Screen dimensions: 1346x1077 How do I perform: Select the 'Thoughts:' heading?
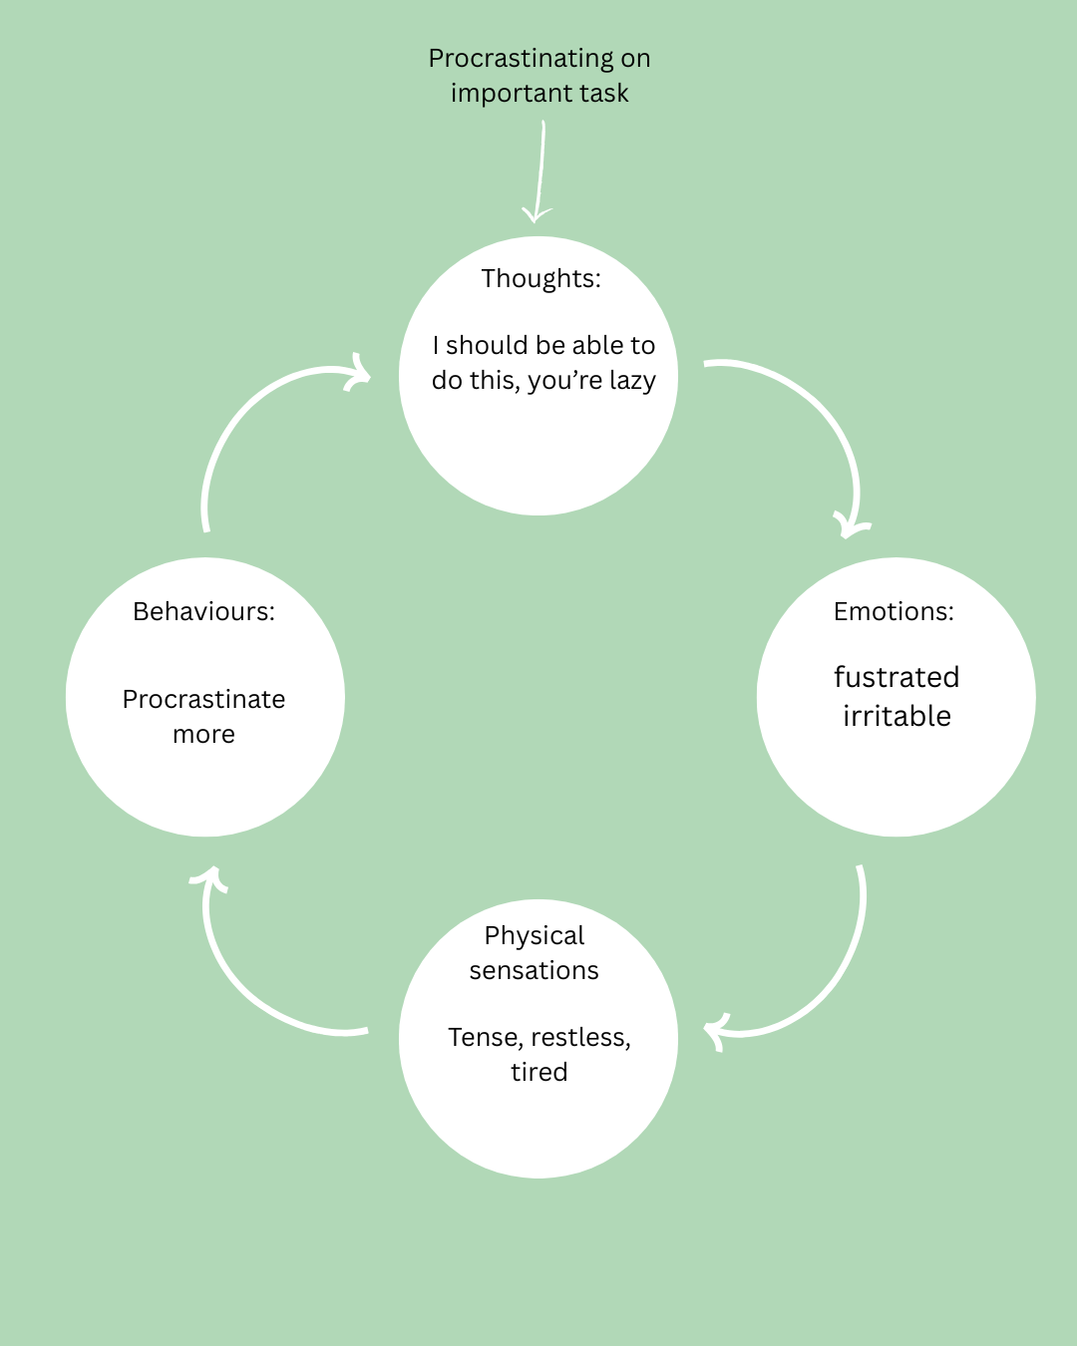tap(540, 278)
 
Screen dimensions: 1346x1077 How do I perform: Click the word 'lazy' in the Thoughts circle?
tap(632, 381)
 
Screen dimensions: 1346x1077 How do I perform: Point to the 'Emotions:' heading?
tap(894, 611)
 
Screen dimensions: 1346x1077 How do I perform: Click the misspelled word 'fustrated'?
tap(897, 677)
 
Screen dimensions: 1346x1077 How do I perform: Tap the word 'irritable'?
tap(897, 716)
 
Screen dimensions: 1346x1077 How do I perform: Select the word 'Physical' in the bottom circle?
tap(535, 935)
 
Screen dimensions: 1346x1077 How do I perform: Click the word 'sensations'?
tap(535, 970)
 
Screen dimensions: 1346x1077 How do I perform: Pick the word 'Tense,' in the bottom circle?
tap(486, 1038)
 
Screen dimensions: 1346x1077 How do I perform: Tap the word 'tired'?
tap(538, 1072)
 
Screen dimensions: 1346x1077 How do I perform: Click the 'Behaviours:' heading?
tap(203, 611)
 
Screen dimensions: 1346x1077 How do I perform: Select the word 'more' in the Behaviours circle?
tap(203, 735)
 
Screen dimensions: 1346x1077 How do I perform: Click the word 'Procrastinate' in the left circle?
tap(203, 699)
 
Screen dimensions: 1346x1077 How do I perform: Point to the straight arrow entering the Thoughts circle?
tap(540, 169)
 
